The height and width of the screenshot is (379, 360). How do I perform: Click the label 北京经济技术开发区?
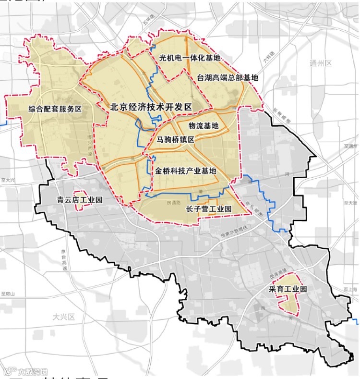point(151,107)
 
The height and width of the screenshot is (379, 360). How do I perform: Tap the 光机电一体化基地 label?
point(189,58)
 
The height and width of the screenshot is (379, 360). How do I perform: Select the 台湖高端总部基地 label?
point(228,77)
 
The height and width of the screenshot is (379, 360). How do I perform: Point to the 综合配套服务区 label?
point(55,109)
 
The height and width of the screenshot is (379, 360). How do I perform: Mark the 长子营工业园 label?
point(208,209)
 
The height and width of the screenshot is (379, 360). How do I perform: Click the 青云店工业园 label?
point(80,200)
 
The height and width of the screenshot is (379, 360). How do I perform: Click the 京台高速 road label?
point(63,260)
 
